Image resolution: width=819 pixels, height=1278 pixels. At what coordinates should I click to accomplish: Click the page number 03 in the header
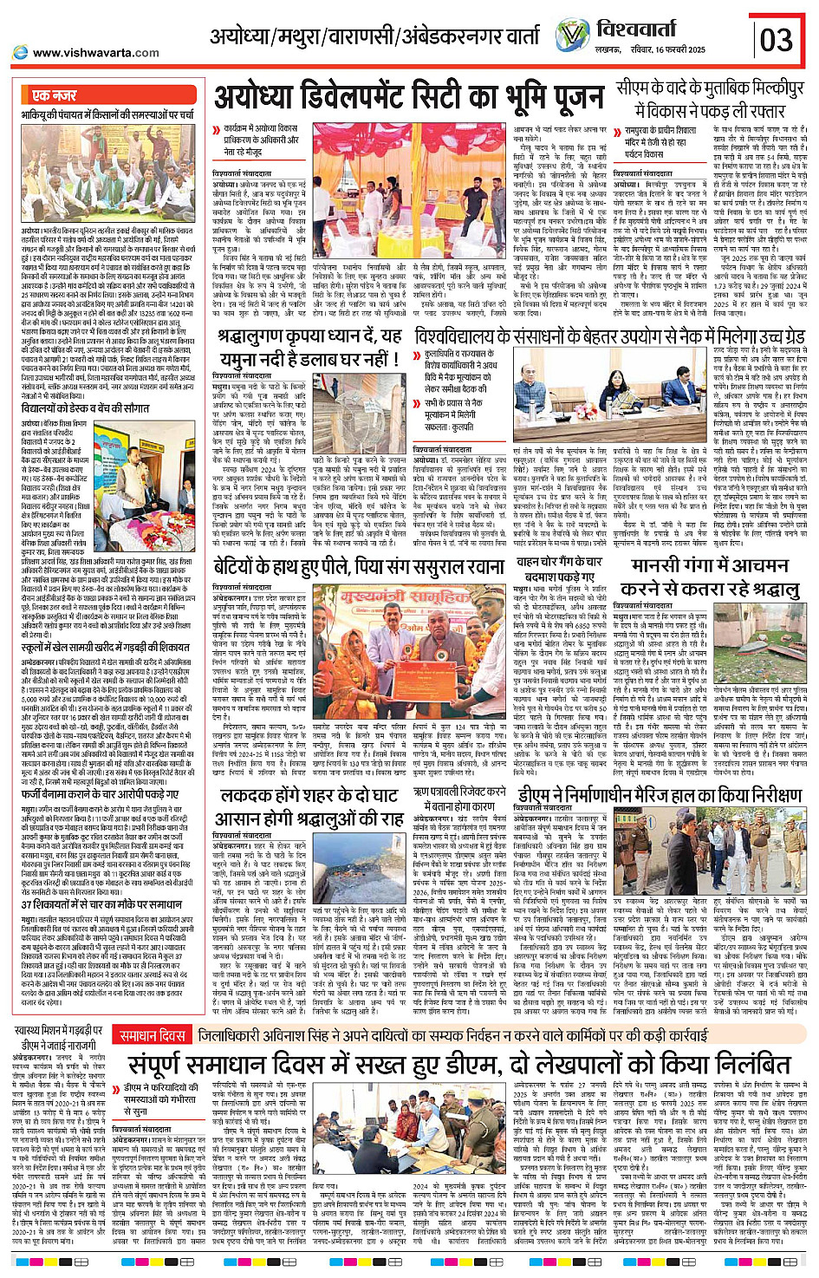click(777, 39)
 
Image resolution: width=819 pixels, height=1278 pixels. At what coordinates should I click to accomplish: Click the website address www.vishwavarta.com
click(95, 52)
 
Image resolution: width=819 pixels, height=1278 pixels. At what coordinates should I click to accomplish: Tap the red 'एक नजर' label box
click(55, 95)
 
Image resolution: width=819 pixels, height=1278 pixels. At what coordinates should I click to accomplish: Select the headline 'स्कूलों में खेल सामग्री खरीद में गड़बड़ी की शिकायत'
click(106, 647)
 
